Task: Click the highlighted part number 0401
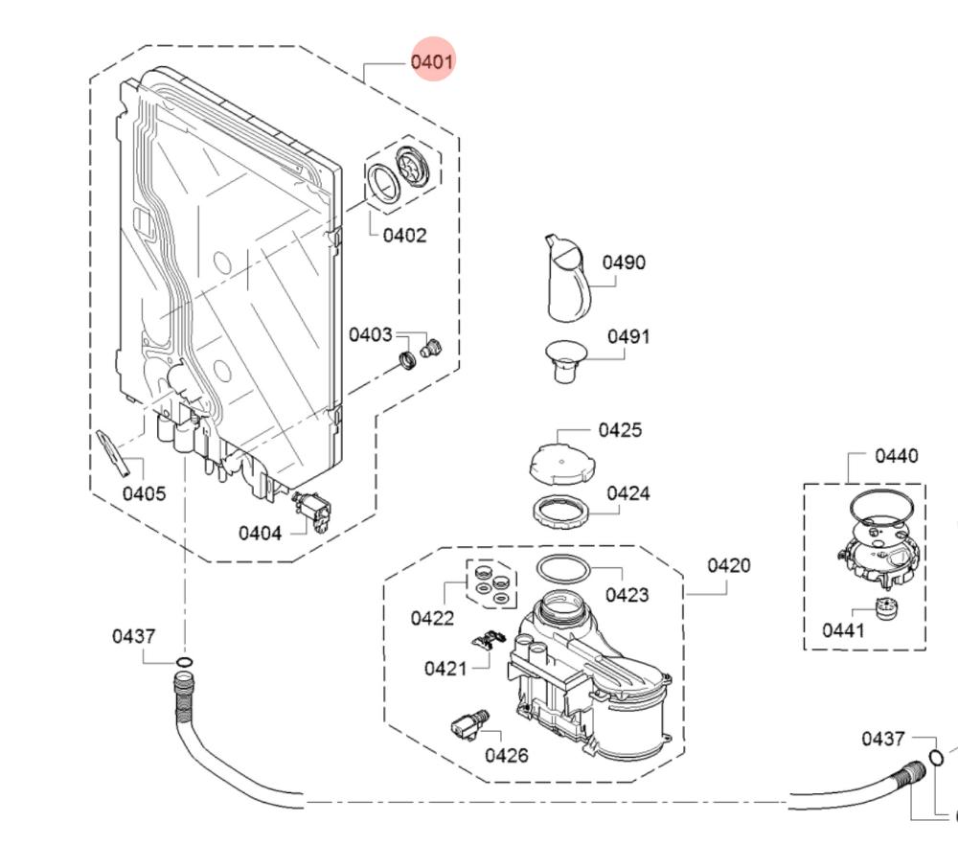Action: tap(431, 61)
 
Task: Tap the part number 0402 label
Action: tap(404, 236)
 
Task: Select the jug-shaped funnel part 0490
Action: tap(567, 280)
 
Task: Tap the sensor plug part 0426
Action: tap(468, 725)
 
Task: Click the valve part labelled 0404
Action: tap(314, 510)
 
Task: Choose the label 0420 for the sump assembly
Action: tap(729, 565)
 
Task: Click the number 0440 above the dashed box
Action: tap(896, 456)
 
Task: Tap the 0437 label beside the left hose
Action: tap(133, 636)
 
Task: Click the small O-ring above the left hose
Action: tap(184, 662)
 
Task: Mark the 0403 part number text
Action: tap(370, 334)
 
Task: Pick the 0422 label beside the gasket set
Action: tap(432, 618)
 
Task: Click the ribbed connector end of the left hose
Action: tap(182, 692)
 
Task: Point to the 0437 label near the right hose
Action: tap(882, 739)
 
